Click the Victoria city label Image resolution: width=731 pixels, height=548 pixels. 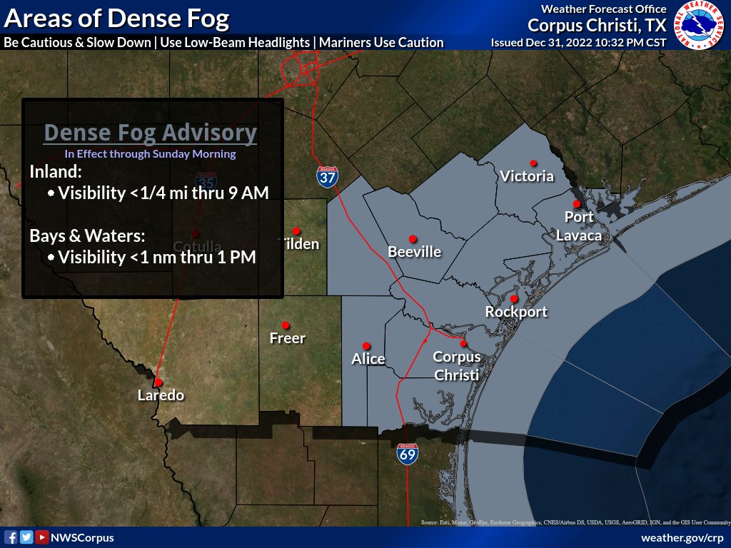527,176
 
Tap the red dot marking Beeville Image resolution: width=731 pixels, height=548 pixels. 413,238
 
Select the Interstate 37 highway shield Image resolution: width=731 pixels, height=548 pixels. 328,177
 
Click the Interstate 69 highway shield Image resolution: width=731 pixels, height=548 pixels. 408,454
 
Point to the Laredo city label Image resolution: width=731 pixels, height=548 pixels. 161,395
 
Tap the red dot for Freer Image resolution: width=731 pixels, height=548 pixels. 286,325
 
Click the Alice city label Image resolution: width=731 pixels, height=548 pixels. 368,359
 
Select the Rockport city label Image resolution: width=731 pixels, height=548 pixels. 516,312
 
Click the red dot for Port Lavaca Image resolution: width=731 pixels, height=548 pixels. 576,204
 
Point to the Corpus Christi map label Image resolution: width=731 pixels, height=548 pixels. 457,365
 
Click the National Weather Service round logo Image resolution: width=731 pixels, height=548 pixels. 700,26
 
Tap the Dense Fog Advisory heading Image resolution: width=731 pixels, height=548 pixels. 150,133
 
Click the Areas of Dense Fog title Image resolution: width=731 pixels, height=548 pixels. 116,18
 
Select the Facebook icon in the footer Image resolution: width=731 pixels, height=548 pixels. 11,537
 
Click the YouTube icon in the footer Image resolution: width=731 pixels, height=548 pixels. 41,537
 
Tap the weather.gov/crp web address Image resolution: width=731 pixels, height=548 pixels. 682,537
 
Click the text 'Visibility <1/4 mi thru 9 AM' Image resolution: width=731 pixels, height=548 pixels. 163,193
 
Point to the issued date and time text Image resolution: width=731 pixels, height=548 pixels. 578,43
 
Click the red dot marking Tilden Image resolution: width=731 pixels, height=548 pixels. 296,230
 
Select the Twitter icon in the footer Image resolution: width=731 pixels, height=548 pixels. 26,537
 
